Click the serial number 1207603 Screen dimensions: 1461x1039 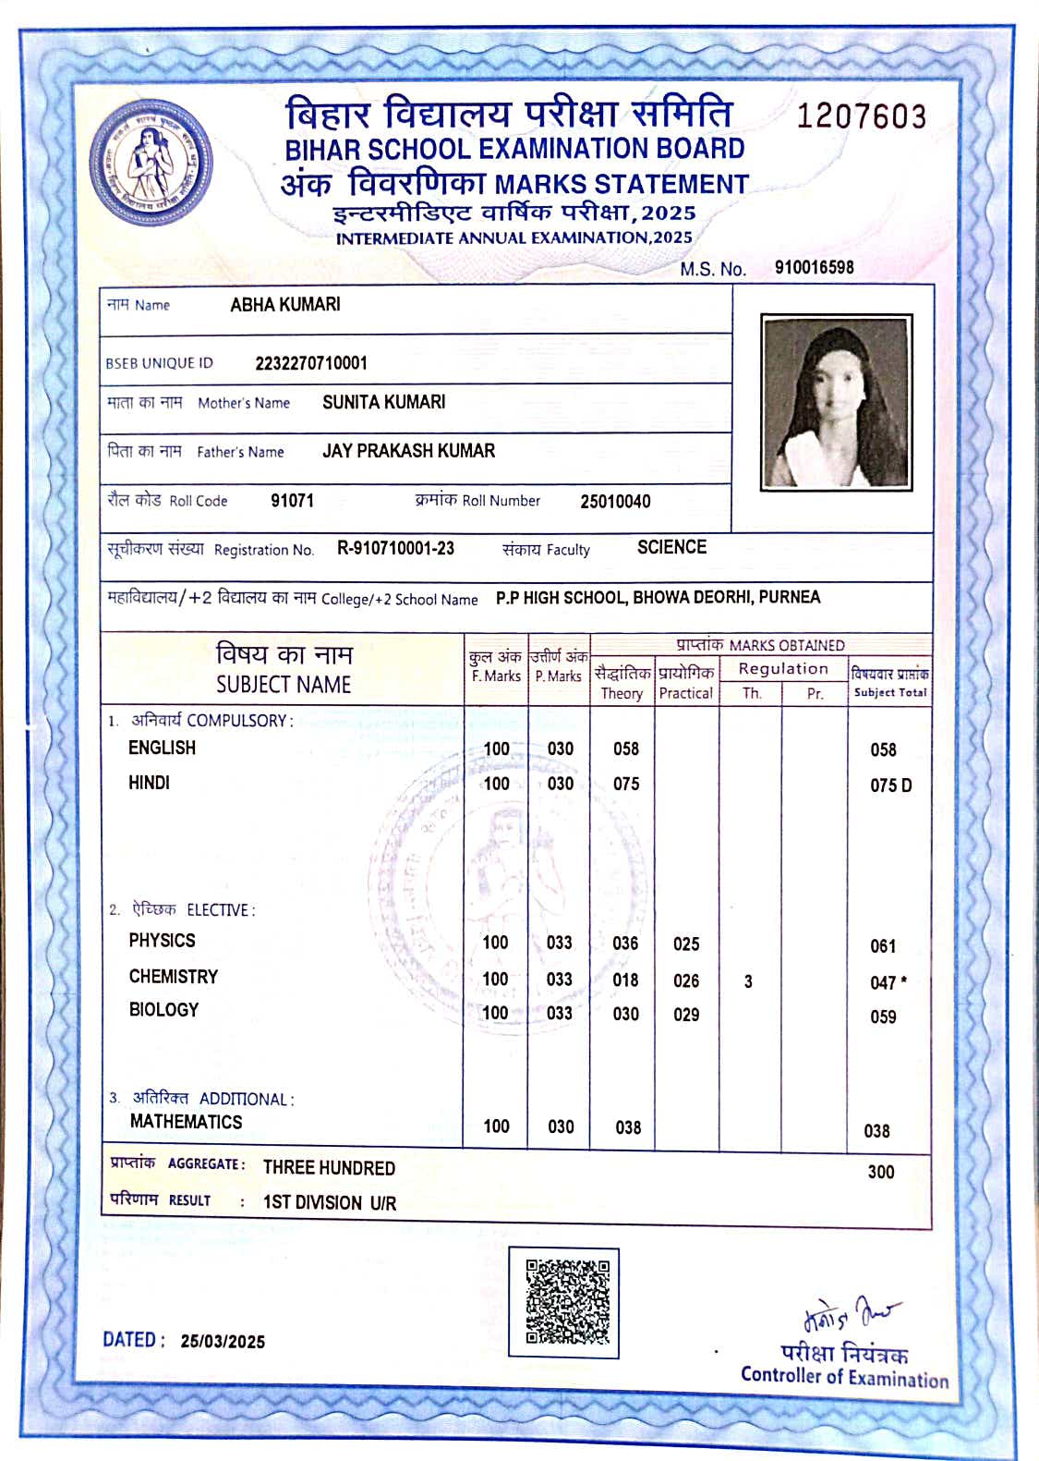click(x=861, y=116)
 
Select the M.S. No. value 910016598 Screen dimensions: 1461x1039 click(x=814, y=268)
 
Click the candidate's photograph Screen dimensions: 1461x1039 click(x=836, y=402)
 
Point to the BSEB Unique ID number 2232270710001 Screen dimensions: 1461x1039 click(x=311, y=363)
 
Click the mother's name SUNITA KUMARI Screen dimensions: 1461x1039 click(x=383, y=402)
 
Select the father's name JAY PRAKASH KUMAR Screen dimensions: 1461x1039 click(x=408, y=451)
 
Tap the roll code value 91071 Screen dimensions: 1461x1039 click(x=292, y=501)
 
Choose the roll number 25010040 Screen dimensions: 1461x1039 click(x=615, y=502)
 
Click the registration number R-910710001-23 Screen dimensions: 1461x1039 click(x=395, y=548)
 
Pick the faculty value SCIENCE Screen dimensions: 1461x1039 click(x=671, y=547)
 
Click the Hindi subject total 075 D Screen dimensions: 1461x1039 click(x=890, y=785)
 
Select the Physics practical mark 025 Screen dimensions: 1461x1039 click(x=686, y=944)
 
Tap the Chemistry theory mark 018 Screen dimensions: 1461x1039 click(x=625, y=980)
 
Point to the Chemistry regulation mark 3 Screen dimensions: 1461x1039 click(x=748, y=981)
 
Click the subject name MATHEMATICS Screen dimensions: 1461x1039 click(x=186, y=1122)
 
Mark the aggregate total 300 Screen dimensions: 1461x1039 click(x=880, y=1172)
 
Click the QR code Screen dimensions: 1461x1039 click(x=567, y=1301)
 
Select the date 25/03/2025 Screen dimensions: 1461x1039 click(x=223, y=1342)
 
